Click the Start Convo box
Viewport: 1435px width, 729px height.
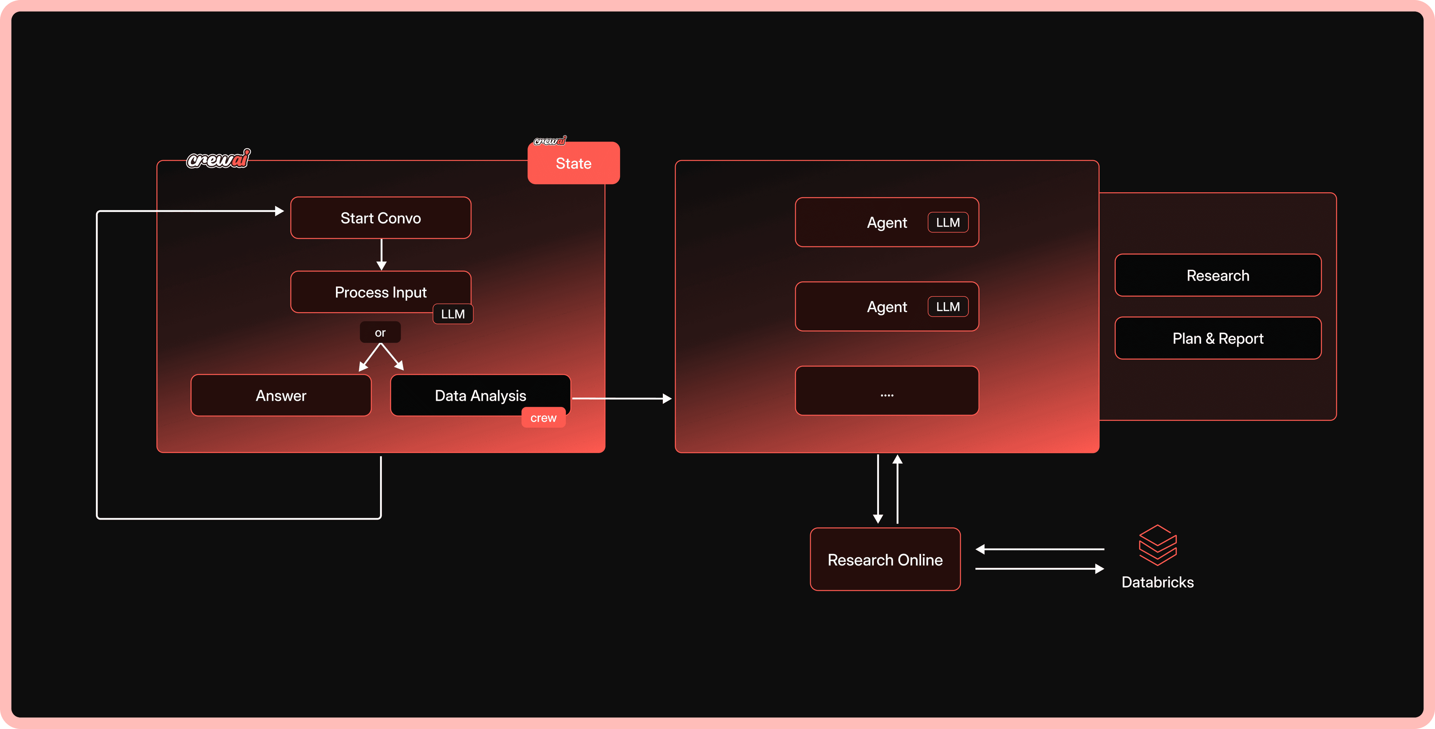[380, 218]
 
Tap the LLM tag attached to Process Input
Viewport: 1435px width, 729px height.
[453, 314]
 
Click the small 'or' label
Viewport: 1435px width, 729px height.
[380, 332]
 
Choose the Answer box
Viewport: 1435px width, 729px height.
[281, 396]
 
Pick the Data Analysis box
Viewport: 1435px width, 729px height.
[480, 396]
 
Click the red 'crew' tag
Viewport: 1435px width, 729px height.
[543, 418]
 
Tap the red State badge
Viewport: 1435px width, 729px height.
[573, 163]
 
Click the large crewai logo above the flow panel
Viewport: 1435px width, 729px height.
[218, 159]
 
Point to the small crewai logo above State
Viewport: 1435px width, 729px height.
[550, 141]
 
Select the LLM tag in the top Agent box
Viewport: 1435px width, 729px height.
[948, 222]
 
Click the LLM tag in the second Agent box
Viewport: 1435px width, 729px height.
[948, 307]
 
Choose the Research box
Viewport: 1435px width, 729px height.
[1218, 275]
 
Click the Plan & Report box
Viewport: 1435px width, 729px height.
[1218, 338]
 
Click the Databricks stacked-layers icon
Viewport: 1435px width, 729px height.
[1158, 545]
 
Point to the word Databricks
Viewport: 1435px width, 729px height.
[1158, 582]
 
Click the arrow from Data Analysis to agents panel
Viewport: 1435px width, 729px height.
[621, 399]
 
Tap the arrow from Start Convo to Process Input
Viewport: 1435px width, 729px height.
[382, 255]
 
